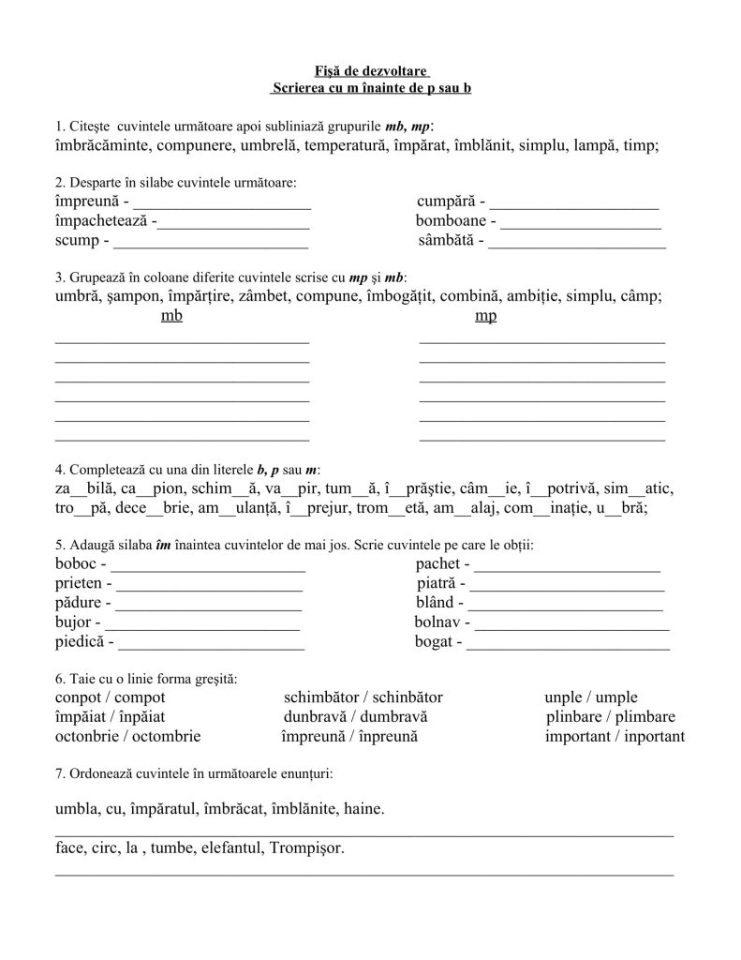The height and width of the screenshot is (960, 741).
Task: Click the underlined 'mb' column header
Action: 171,316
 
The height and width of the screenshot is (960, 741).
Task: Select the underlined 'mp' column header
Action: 485,316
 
